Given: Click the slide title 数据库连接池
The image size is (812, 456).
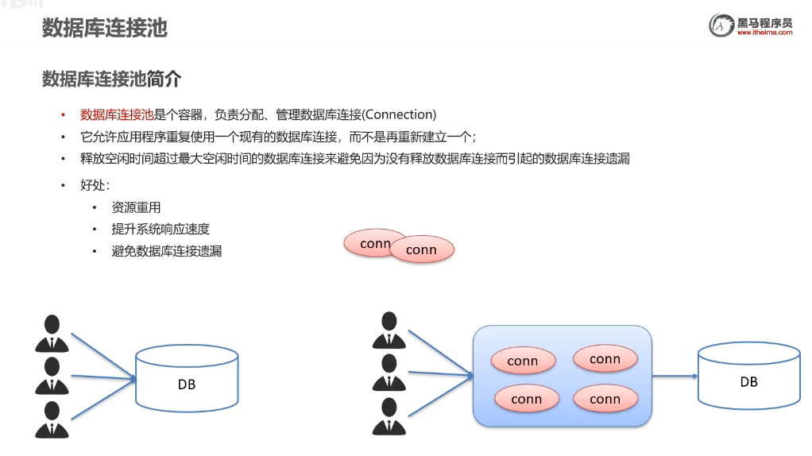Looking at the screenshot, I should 104,28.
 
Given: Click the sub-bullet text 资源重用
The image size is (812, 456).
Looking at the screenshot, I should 136,207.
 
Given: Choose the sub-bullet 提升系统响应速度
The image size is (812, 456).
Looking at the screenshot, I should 160,229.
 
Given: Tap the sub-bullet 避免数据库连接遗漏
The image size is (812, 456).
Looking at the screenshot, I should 167,251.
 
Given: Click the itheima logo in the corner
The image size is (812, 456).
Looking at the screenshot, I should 751,25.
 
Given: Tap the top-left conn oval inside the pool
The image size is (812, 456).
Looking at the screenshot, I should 523,361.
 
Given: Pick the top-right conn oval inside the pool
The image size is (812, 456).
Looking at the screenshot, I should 605,359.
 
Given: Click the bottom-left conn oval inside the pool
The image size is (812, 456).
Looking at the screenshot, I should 526,399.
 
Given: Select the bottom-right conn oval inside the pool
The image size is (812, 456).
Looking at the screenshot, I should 605,399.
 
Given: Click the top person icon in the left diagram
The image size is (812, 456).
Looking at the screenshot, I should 52,334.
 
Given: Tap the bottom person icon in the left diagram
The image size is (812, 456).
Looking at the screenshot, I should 52,419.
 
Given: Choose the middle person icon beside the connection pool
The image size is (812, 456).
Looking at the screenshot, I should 389,373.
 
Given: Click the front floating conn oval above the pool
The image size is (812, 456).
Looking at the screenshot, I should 422,249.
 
